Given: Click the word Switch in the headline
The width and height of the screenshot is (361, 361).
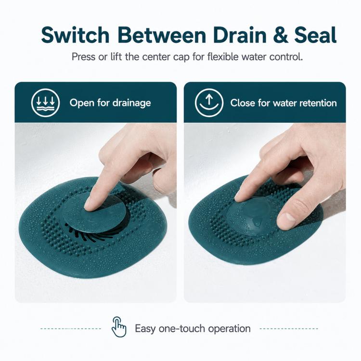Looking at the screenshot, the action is tap(75, 35).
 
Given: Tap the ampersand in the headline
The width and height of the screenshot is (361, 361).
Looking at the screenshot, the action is tap(280, 35).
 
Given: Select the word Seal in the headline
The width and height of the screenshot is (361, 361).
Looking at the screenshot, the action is tap(315, 35).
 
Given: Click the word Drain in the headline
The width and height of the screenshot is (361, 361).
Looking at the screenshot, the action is tap(240, 35).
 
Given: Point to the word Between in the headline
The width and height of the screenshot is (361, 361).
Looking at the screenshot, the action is tap(162, 35).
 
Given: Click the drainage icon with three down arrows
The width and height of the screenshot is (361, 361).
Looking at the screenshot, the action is tap(46, 103).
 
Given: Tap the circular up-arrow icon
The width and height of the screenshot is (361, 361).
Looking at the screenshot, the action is tap(209, 103).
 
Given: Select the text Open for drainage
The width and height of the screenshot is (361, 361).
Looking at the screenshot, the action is tap(110, 103).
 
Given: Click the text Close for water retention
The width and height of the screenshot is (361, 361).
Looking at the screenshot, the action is tap(284, 103).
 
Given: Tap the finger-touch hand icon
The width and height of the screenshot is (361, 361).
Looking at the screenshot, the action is tap(119, 327).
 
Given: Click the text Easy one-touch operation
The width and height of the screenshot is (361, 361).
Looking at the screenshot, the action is tap(193, 329).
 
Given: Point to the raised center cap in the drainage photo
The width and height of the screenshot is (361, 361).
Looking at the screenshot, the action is tap(94, 212).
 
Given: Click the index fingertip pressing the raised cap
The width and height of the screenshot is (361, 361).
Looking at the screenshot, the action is tap(90, 205).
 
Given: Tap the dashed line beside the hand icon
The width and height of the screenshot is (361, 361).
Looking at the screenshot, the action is tap(71, 329).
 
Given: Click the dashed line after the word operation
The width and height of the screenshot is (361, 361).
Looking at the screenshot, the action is tap(289, 329).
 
